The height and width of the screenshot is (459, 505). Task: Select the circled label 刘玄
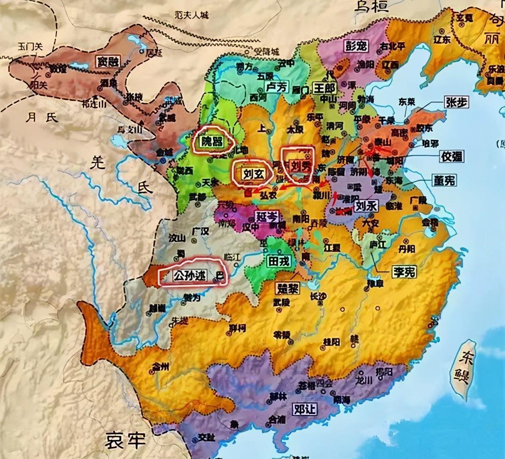254,173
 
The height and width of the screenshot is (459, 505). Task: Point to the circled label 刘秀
298,166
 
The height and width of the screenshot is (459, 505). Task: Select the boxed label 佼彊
452,157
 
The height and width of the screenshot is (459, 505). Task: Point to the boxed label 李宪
404,271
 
